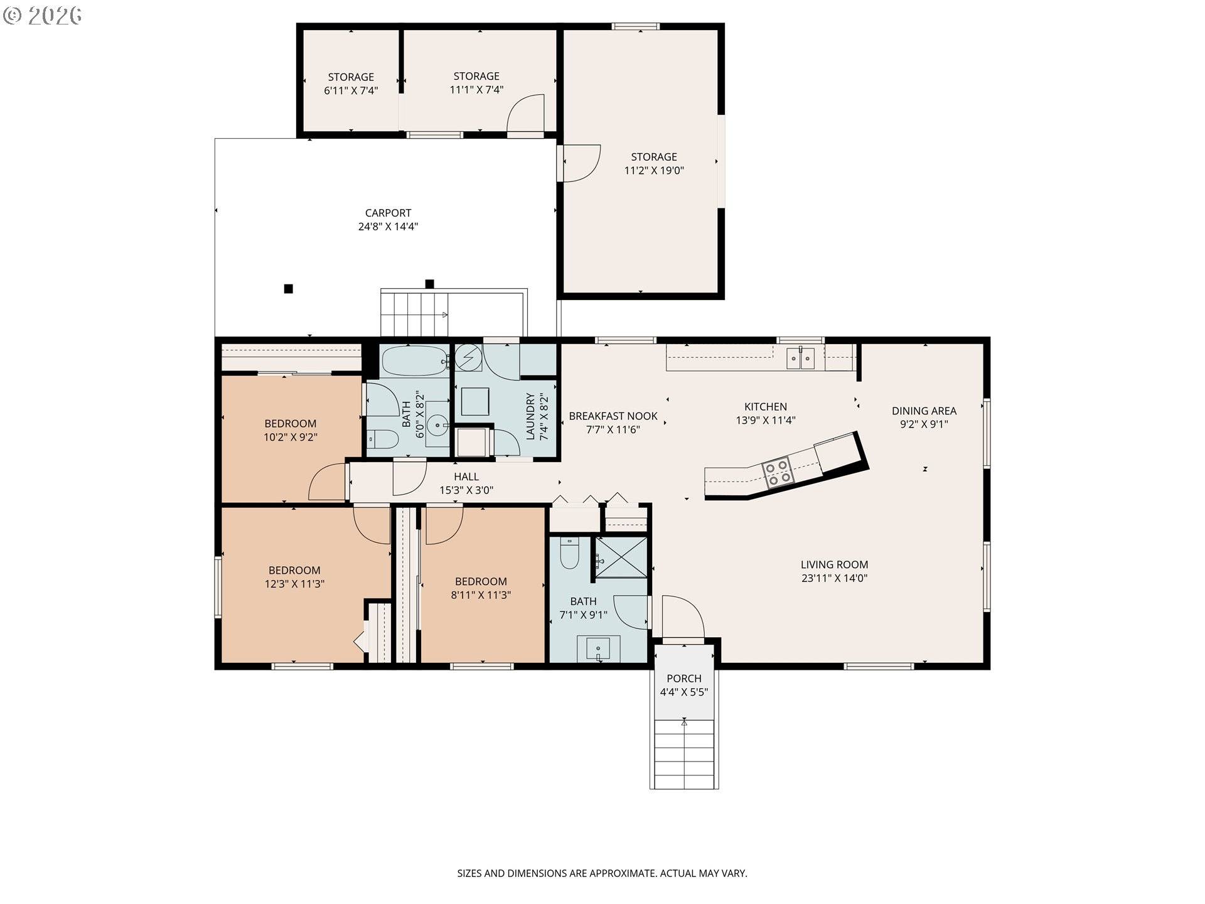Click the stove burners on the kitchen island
778,473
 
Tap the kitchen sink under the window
800,358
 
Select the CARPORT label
388,213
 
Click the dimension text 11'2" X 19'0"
653,170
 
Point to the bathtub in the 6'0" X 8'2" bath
414,361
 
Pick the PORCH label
683,678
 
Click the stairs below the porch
683,753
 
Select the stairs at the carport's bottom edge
414,314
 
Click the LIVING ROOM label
834,564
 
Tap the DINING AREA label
924,411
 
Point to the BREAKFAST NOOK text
613,416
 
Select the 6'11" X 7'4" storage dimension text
351,90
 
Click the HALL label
466,476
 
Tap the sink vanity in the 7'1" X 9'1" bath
598,648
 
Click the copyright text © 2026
43,15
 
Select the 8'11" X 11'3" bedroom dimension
481,595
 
